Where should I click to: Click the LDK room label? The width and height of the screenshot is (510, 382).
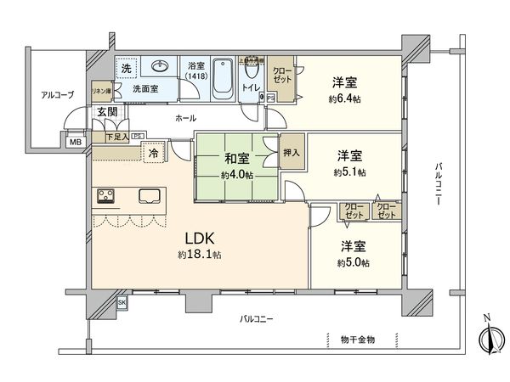pos(195,238)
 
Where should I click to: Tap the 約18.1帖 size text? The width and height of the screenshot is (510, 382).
pos(195,255)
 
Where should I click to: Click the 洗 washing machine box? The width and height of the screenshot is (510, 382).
pos(125,67)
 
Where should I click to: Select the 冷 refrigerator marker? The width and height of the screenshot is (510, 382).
pos(153,154)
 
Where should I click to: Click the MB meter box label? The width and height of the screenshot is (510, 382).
pos(75,142)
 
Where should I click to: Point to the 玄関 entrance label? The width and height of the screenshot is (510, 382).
pos(106,111)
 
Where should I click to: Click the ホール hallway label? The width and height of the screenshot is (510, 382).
pos(186,118)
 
